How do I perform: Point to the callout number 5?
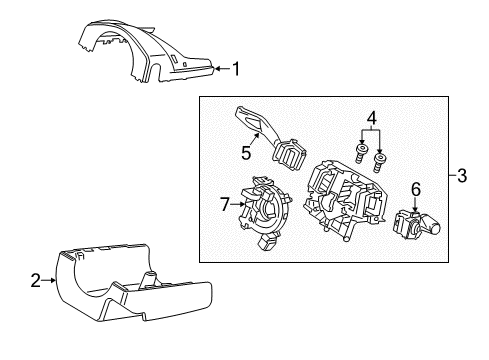[246, 154]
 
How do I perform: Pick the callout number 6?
[416, 187]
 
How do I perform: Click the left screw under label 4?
[359, 152]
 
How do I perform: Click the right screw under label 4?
[380, 159]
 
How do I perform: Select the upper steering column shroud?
[150, 55]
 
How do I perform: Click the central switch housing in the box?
[345, 205]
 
